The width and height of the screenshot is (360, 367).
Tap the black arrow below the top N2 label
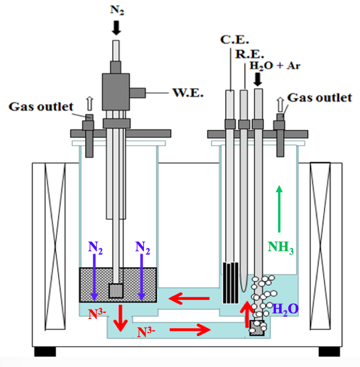point(116,27)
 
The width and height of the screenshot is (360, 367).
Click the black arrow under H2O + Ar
point(258,80)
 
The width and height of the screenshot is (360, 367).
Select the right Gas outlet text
point(319,97)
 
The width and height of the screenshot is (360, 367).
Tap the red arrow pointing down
point(120,318)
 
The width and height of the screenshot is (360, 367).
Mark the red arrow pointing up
point(247,314)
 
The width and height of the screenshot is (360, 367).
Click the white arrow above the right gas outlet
point(279,103)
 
